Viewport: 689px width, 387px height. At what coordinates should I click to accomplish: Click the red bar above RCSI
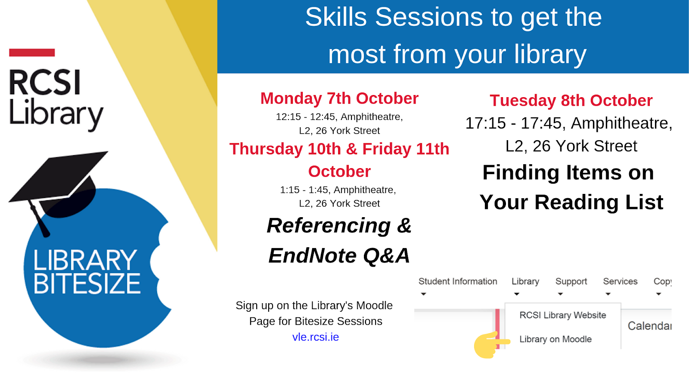click(32, 52)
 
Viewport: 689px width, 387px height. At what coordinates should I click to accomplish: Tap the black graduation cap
click(60, 181)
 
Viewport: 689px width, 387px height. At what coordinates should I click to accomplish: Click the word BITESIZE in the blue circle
click(87, 284)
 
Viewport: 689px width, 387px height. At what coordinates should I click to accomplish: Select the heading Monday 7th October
click(339, 98)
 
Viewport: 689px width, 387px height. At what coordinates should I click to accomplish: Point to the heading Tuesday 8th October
click(571, 101)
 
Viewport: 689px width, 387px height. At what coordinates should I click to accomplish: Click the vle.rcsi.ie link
click(315, 337)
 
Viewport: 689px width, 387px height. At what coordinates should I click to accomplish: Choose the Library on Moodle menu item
click(556, 339)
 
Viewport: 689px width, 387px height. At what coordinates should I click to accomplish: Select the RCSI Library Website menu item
click(562, 315)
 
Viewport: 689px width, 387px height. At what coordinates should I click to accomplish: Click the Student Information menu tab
click(458, 282)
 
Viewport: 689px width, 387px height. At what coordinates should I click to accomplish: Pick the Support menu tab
click(571, 282)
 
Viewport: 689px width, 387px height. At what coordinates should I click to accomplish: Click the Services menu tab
click(620, 282)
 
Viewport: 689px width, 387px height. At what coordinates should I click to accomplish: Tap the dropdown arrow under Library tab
click(517, 294)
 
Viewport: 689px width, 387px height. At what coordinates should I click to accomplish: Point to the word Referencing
click(329, 226)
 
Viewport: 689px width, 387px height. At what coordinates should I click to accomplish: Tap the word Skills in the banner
click(336, 17)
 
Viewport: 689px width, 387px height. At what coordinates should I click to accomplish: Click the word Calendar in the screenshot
click(649, 326)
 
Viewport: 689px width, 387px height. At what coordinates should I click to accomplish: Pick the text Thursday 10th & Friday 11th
click(339, 149)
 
